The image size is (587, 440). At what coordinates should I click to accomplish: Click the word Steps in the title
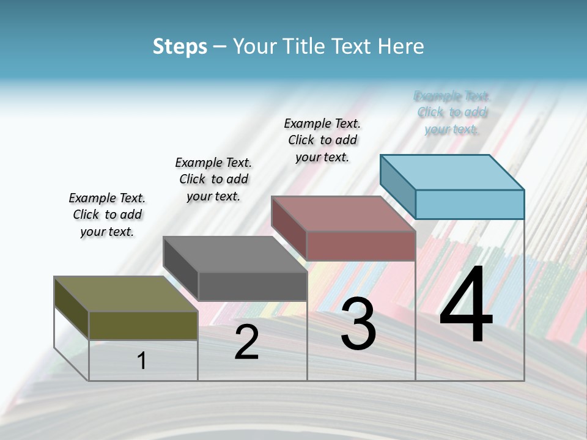tap(180, 46)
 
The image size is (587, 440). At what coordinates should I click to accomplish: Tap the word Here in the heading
tap(400, 46)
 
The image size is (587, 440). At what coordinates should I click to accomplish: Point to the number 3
tap(358, 324)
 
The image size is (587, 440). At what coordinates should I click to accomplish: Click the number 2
tap(246, 342)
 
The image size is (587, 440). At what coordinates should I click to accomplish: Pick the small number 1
tap(142, 361)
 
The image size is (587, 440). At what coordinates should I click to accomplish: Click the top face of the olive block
tap(125, 294)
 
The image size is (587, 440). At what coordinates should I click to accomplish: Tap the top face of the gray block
tap(235, 254)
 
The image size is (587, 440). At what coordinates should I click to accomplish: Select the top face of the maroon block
tap(343, 214)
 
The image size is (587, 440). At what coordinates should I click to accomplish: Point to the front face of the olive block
tap(143, 325)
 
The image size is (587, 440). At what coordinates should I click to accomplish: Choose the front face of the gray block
tap(253, 286)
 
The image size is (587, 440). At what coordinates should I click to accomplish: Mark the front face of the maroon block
tap(361, 246)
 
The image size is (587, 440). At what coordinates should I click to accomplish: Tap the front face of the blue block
tap(470, 204)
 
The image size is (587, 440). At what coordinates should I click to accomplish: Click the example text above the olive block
tap(107, 215)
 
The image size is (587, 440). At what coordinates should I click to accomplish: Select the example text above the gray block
tap(213, 179)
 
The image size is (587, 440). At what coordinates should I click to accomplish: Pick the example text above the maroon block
tap(322, 140)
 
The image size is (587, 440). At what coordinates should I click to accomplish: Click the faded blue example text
tap(452, 112)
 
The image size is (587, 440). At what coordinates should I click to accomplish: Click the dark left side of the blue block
tap(397, 186)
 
